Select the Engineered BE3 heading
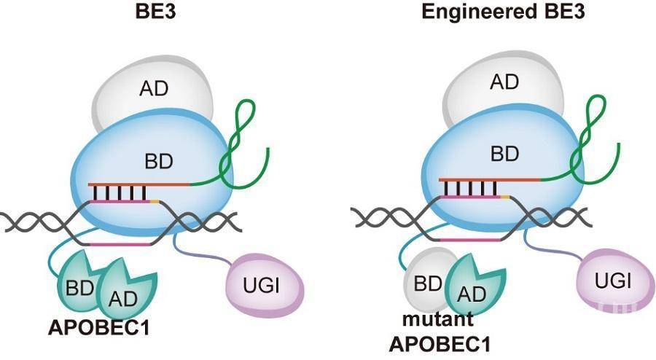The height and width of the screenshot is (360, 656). pyautogui.click(x=503, y=12)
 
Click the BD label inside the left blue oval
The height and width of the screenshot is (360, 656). pyautogui.click(x=159, y=161)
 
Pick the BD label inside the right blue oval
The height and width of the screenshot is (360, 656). pyautogui.click(x=504, y=154)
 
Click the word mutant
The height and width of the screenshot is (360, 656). pyautogui.click(x=437, y=319)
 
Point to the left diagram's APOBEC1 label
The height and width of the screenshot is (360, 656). pyautogui.click(x=98, y=328)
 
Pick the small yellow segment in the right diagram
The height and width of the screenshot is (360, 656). pyautogui.click(x=505, y=196)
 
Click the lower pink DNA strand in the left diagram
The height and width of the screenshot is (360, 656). pyautogui.click(x=120, y=243)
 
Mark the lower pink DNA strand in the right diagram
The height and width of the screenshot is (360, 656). pyautogui.click(x=471, y=240)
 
